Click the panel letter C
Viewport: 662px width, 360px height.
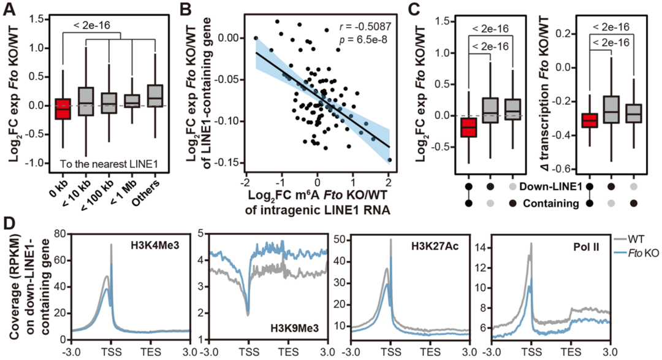[414, 8]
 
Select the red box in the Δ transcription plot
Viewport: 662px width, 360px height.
[590, 120]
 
